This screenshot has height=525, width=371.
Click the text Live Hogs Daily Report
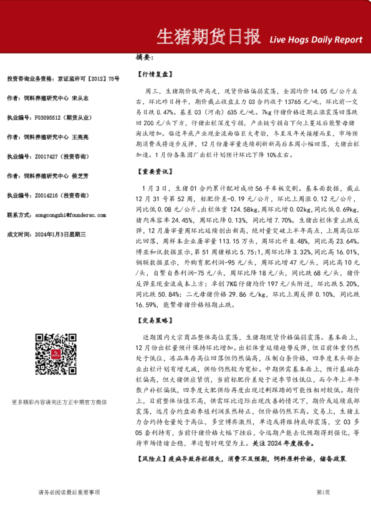point(316,40)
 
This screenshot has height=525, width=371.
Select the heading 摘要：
point(145,57)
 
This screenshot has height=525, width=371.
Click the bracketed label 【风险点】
point(151,458)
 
